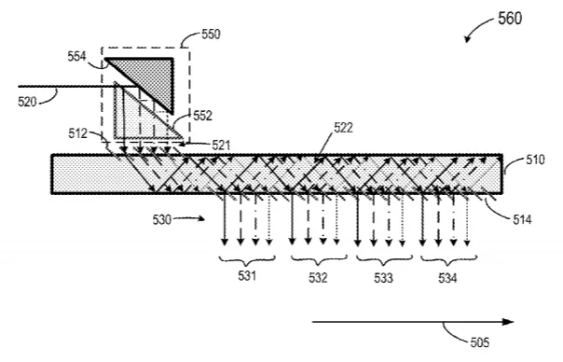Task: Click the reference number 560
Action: pos(510,18)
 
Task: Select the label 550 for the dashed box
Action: pos(211,35)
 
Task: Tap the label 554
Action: pos(76,56)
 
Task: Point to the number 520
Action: pos(27,102)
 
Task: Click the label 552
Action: pos(203,116)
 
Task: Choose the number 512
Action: pos(78,133)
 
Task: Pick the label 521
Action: pos(221,146)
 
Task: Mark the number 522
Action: pos(343,128)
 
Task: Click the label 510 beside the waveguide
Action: pos(535,160)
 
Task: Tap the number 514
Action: pos(522,219)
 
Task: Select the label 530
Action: pos(162,219)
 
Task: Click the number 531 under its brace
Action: pos(247,276)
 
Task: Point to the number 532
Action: pos(318,277)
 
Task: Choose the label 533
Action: pos(383,277)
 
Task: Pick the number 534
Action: pos(447,277)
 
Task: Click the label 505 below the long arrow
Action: pos(480,341)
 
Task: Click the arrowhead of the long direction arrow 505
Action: pos(509,322)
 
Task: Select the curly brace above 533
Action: pos(384,260)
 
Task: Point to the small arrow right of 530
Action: pos(189,218)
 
